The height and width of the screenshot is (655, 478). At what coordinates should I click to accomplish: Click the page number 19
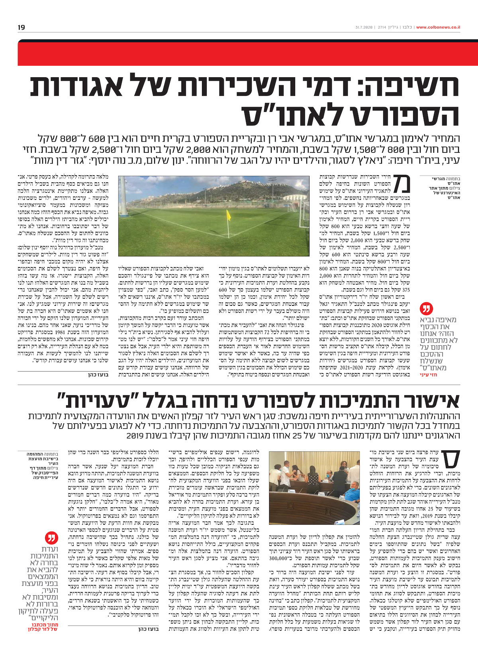[21, 27]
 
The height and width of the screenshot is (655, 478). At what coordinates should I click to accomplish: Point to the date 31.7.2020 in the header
[363, 27]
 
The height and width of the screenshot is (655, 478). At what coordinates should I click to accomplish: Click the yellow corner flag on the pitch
[229, 215]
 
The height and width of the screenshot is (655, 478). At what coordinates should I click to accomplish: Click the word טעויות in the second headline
[91, 400]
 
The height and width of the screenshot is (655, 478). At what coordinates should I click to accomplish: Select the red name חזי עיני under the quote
[428, 375]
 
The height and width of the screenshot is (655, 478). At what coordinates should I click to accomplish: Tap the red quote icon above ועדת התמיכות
[50, 538]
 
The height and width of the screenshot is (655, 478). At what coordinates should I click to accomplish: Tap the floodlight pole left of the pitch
[125, 191]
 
